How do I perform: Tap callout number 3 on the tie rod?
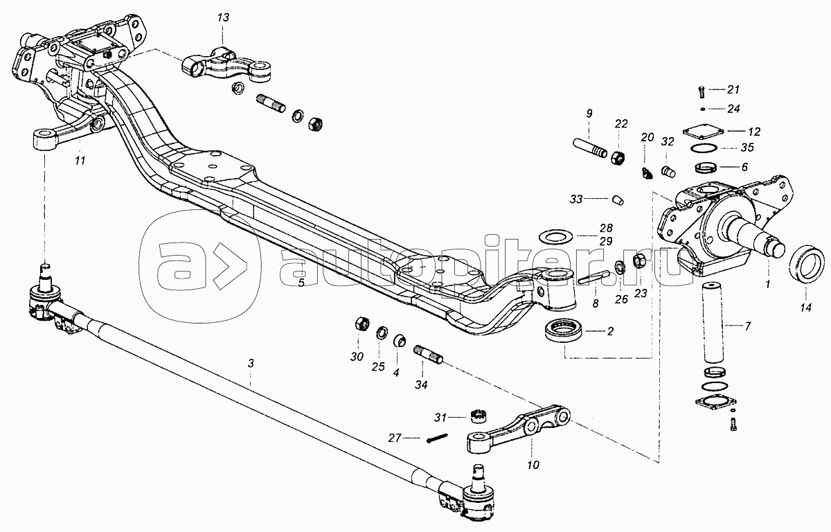(251, 362)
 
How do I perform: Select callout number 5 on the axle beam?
(301, 282)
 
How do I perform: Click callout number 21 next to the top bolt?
(733, 89)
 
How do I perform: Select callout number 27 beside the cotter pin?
(394, 438)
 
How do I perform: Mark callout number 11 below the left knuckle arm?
(80, 161)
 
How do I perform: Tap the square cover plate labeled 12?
(702, 131)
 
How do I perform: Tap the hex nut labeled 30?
(360, 323)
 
